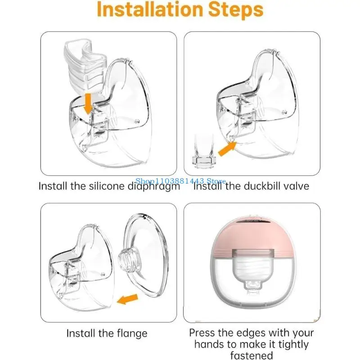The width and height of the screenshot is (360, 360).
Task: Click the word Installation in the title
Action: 150,9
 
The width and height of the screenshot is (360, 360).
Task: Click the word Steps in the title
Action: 236,10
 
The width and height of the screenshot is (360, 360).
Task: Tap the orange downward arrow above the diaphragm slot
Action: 88,104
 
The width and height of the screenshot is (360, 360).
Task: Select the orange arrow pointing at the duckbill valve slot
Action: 227,149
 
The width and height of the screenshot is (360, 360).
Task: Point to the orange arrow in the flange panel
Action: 128,299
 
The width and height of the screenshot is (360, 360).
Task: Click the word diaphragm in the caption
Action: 153,186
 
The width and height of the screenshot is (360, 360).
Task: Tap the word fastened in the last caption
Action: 252,355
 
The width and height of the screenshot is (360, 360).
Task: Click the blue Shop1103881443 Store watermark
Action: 180,181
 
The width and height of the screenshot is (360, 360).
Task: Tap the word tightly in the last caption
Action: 293,344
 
